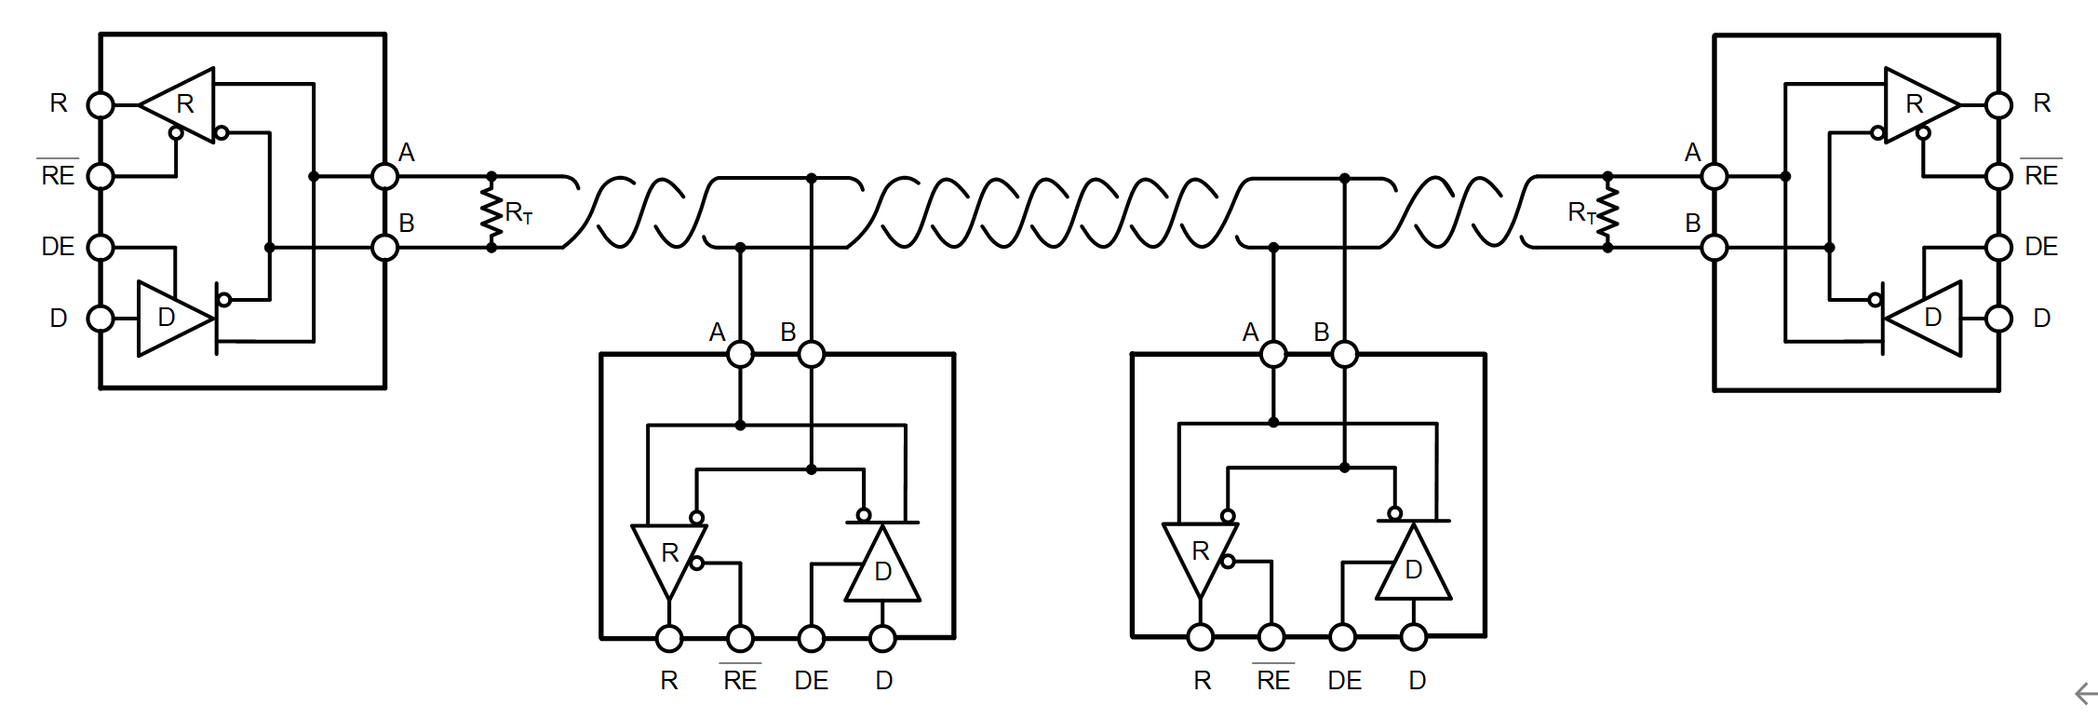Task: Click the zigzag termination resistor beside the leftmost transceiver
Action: pyautogui.click(x=491, y=211)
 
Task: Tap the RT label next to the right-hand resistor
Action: pyautogui.click(x=1581, y=213)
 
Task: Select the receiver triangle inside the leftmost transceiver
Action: pyautogui.click(x=180, y=104)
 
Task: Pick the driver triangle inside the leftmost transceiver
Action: pyautogui.click(x=173, y=319)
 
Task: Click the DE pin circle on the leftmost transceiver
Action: pyautogui.click(x=101, y=247)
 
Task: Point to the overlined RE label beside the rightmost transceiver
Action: pyautogui.click(x=2041, y=175)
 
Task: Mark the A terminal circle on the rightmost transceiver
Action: pyautogui.click(x=1714, y=176)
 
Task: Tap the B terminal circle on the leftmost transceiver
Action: pyautogui.click(x=384, y=247)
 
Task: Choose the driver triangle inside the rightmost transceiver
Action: pyautogui.click(x=1926, y=319)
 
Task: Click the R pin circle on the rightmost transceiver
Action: pyautogui.click(x=1998, y=104)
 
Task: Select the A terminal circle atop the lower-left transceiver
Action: pyautogui.click(x=740, y=354)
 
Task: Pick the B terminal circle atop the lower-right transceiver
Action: pyautogui.click(x=1344, y=354)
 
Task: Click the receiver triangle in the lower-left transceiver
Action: pyautogui.click(x=669, y=557)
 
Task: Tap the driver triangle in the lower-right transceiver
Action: pyautogui.click(x=1413, y=565)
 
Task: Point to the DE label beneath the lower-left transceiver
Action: pyautogui.click(x=811, y=681)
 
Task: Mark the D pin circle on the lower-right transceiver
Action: pyautogui.click(x=1413, y=637)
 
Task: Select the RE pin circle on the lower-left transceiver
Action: pyautogui.click(x=740, y=638)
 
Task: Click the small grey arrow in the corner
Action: pyautogui.click(x=2085, y=694)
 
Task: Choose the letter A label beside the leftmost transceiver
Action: pyautogui.click(x=407, y=153)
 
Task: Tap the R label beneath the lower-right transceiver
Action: pyautogui.click(x=1202, y=681)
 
